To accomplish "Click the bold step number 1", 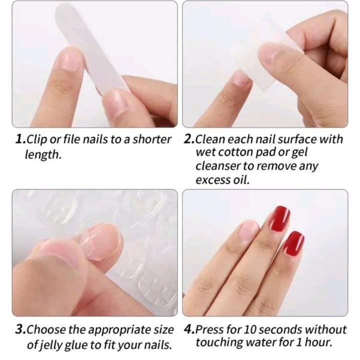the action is tap(20, 139).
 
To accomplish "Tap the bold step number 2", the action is tap(189, 139).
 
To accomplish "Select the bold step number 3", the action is tap(20, 329).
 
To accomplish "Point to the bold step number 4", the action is tap(189, 329).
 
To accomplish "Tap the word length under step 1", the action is tap(43, 154).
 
